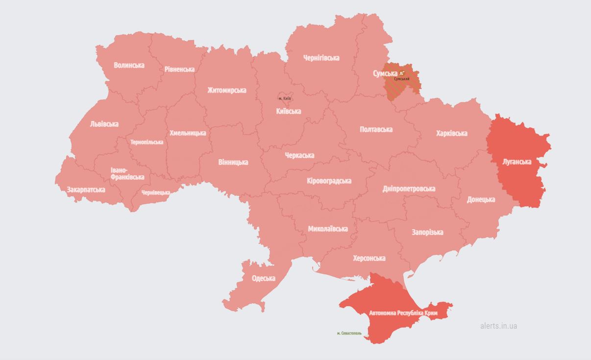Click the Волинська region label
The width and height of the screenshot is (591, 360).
pos(129,65)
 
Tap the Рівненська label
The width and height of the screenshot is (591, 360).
pos(179,69)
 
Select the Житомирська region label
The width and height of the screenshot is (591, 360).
pos(226,90)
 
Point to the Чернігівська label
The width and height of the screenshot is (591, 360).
pos(321,58)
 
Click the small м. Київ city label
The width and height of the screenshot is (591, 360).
pos(284,98)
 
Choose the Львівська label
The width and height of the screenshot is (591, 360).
pos(104,124)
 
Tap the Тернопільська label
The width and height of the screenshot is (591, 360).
pos(147,142)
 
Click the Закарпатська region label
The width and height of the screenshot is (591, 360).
pos(86,190)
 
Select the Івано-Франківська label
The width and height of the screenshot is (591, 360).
pos(127,173)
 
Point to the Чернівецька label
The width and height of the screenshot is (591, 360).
pos(156,192)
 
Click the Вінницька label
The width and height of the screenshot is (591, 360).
pos(233,162)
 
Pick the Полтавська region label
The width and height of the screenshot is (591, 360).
pos(376,129)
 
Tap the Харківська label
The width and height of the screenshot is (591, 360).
pos(451,133)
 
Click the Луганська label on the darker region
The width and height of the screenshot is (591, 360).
pos(517,162)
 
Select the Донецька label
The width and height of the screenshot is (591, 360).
pos(481,199)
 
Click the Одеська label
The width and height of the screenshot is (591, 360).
pos(263,278)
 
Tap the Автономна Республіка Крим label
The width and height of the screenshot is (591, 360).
pos(403,312)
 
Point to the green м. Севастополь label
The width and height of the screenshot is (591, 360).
pos(349,333)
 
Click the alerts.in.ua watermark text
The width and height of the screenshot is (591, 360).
pos(498,326)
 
